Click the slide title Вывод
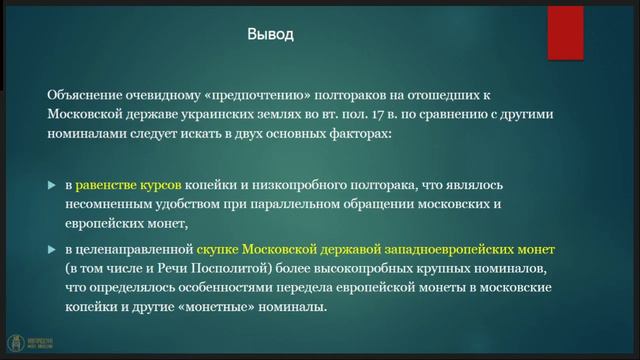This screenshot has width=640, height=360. pos(270,35)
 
